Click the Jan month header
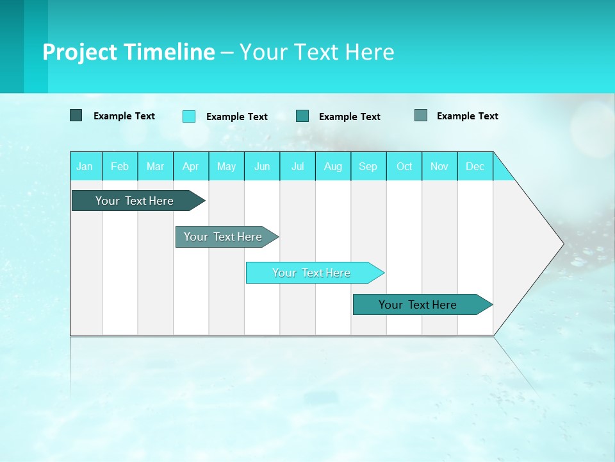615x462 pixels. coord(85,166)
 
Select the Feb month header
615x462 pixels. coord(120,166)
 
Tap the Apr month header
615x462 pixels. coord(190,166)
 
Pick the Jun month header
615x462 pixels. coord(262,166)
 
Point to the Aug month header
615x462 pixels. coord(333,166)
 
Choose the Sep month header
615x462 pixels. coord(368,166)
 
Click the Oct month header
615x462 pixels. coord(404,166)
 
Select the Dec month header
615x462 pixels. coord(475,166)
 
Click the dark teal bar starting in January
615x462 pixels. coord(135,201)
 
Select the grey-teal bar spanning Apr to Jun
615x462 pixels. coord(223,237)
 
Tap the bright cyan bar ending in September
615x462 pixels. coord(311,273)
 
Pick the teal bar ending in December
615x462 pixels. coord(418,305)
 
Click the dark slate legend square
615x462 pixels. coord(76,116)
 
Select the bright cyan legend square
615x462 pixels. coord(189,116)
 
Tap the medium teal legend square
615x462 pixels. coord(302,116)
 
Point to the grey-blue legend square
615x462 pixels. coord(420,116)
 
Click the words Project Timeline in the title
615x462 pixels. coord(128,52)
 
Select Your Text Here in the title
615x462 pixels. coord(316,52)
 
